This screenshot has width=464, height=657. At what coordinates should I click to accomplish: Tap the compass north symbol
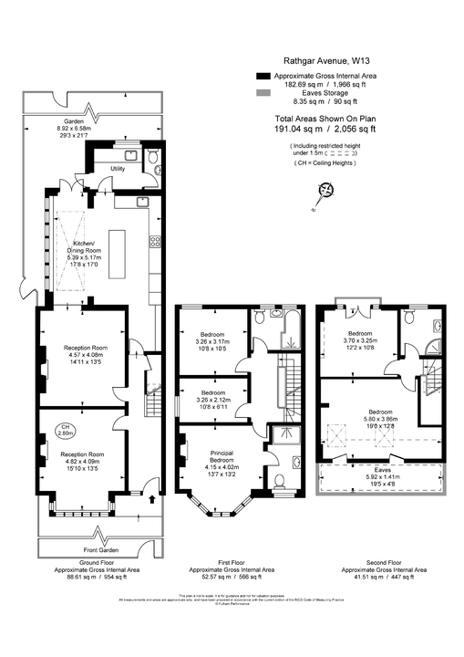(x=325, y=190)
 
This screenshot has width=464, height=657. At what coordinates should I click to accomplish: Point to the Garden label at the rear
(x=74, y=121)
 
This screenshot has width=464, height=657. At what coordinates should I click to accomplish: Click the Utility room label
(x=118, y=169)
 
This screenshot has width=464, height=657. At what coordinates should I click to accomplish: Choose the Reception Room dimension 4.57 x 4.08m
(x=86, y=356)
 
